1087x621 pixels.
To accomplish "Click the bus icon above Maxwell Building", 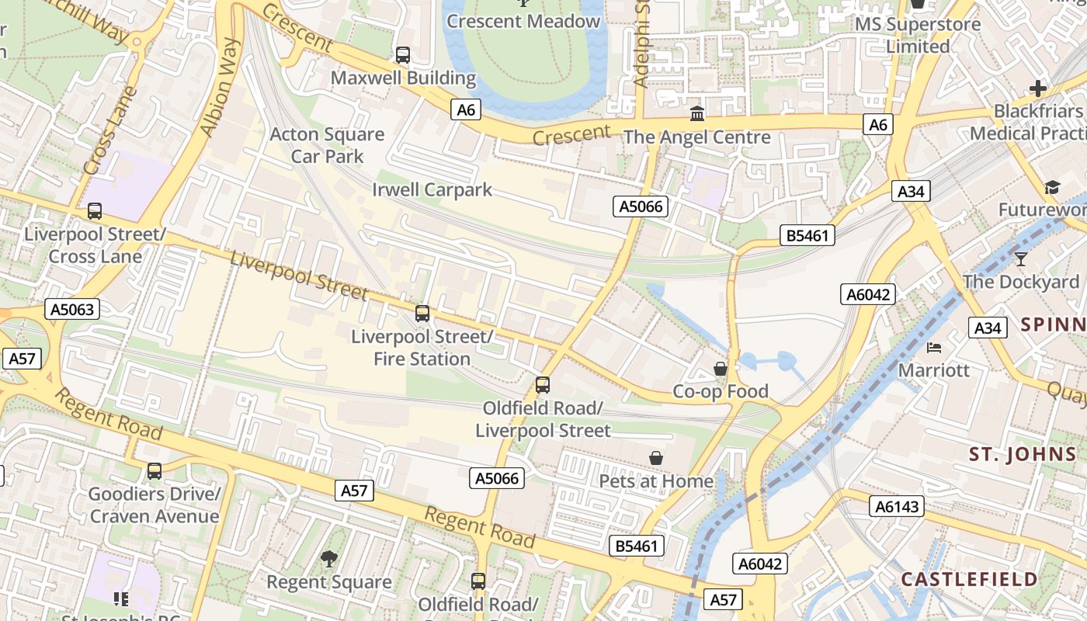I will coord(402,55).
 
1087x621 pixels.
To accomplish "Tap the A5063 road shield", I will coord(72,310).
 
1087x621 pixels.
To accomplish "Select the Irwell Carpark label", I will coord(432,189).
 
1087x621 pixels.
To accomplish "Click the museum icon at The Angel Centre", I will coord(697,115).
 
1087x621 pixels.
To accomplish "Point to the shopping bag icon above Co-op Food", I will coord(721,369).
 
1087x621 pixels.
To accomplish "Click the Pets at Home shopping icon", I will coord(656,459).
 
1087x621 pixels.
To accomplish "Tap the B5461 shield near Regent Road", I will coord(636,546).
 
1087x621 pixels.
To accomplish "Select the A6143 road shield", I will coord(897,507).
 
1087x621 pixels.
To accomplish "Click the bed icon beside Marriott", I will coord(934,348).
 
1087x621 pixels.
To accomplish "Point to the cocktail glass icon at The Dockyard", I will coord(1021,259).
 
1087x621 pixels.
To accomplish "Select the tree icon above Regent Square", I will coord(329,559).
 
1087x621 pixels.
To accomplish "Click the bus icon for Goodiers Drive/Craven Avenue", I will coord(155,471).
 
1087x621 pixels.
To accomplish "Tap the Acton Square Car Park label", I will coord(327,145).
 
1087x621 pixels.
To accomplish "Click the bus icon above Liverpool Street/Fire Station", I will coord(422,314).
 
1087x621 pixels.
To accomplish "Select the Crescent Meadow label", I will coord(523,22).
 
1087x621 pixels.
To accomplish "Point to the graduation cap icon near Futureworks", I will coord(1052,188).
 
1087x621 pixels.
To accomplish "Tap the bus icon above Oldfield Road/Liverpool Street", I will coord(543,385).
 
